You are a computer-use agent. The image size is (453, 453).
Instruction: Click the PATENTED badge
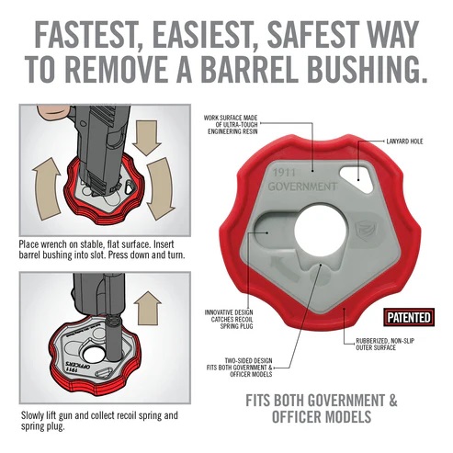409,318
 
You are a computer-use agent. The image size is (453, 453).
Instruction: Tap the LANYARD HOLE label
404,142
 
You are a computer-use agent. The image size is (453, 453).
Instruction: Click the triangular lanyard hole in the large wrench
357,178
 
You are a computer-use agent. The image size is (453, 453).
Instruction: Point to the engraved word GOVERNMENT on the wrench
302,187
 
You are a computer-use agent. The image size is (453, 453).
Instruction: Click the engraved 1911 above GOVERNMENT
284,173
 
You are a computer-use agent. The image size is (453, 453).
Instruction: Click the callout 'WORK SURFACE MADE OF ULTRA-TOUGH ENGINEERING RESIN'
231,125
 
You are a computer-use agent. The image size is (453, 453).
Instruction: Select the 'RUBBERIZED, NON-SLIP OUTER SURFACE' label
385,345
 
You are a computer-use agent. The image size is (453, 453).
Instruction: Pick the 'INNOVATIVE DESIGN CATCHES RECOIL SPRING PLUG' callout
229,319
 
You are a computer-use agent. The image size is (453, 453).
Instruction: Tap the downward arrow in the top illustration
147,138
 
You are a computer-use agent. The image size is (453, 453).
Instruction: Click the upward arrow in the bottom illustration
148,308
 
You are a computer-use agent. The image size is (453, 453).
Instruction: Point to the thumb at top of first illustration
51,114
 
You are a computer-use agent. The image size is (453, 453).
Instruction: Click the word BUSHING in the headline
367,68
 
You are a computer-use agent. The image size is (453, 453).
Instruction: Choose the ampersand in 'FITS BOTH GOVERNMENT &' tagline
392,401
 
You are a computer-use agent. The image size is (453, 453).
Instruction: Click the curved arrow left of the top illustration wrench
47,189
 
